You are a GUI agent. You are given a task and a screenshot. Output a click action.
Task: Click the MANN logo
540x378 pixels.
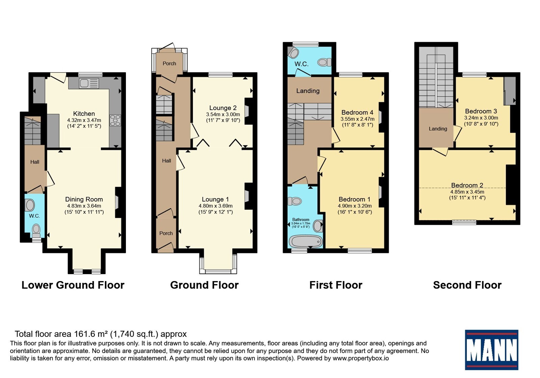coord(491,350)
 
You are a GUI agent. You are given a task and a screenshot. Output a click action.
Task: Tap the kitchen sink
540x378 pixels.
coord(89,83)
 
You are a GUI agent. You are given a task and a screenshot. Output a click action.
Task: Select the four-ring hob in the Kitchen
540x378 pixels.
coord(115,120)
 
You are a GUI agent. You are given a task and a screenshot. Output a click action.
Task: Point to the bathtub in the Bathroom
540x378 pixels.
coord(306,241)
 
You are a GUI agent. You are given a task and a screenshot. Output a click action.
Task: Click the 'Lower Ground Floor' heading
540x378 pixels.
coord(73,285)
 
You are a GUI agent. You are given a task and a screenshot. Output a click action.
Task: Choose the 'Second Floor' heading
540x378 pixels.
coord(467,285)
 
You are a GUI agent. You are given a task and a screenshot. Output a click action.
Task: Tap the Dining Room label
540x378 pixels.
coord(84,199)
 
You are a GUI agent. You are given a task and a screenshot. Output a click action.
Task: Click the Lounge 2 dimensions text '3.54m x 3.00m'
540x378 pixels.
coord(223,114)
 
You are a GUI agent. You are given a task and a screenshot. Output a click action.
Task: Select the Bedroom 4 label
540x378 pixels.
coord(357,112)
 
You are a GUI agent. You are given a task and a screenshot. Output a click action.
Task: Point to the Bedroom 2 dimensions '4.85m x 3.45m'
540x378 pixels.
coord(467,192)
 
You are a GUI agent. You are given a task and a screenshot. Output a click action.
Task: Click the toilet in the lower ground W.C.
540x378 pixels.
coord(36,231)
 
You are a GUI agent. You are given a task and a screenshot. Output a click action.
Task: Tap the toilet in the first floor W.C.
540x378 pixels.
coord(324,62)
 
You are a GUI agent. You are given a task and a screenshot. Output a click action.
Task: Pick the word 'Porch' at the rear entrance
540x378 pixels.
coord(169,63)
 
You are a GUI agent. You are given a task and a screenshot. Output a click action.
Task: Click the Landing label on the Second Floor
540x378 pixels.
coord(438,129)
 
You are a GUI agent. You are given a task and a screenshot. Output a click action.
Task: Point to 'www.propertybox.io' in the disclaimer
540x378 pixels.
coord(361,358)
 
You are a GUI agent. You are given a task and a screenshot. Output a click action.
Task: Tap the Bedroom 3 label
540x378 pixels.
coord(481,111)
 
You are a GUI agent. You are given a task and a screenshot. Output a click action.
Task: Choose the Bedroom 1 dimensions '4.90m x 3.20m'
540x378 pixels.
coord(355,206)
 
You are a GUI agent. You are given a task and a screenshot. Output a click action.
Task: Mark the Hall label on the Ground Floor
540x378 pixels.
coord(167,161)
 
